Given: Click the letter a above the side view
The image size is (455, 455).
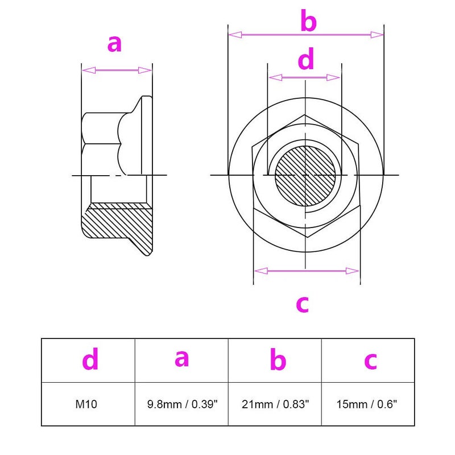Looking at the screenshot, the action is pyautogui.click(x=114, y=44).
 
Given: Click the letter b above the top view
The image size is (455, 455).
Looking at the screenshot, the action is pyautogui.click(x=308, y=20).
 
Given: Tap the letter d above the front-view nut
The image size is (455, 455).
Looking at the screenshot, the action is pyautogui.click(x=306, y=59).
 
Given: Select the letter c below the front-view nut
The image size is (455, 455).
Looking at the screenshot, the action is pyautogui.click(x=303, y=304).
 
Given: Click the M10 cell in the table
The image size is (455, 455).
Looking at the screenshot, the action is pyautogui.click(x=86, y=404).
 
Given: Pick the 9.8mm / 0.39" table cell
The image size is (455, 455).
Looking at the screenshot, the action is pyautogui.click(x=182, y=404).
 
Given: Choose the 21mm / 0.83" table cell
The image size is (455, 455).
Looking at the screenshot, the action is pyautogui.click(x=275, y=404).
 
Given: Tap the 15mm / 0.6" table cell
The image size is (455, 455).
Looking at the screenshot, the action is pyautogui.click(x=366, y=404).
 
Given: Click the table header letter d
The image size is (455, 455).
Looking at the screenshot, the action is pyautogui.click(x=90, y=359).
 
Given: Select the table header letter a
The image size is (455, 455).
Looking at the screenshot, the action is pyautogui.click(x=182, y=358).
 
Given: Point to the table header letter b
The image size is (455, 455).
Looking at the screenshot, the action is pyautogui.click(x=278, y=359).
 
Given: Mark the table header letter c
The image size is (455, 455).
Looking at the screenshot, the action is pyautogui.click(x=371, y=361).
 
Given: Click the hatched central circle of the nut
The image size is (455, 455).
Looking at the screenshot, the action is pyautogui.click(x=305, y=176).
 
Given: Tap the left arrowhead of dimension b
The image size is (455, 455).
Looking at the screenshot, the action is pyautogui.click(x=235, y=35).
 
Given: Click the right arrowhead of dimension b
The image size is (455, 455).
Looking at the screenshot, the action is pyautogui.click(x=377, y=35).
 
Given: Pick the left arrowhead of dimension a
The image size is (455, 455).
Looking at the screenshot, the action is pyautogui.click(x=89, y=70).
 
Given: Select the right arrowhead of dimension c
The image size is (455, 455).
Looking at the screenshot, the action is pyautogui.click(x=353, y=271).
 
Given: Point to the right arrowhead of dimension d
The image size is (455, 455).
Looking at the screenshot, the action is pyautogui.click(x=333, y=77).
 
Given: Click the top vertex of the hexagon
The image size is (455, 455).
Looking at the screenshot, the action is pyautogui.click(x=305, y=115).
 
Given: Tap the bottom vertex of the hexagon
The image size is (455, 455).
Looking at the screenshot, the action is pyautogui.click(x=307, y=237).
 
